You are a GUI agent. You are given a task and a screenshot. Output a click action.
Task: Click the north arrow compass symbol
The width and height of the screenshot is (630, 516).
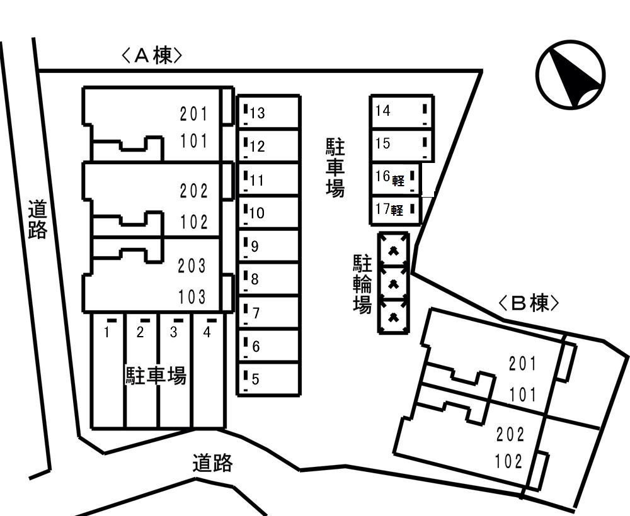pyautogui.click(x=571, y=74)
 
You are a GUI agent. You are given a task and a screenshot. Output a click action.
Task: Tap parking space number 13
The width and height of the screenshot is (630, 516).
pyautogui.click(x=268, y=113)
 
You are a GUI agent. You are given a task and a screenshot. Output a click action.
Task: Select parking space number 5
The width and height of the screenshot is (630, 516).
pyautogui.click(x=268, y=379)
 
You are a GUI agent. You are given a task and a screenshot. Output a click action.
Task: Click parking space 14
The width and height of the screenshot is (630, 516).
pyautogui.click(x=401, y=111)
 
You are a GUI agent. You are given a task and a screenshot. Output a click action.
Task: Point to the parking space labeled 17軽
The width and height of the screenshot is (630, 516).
pyautogui.click(x=395, y=210)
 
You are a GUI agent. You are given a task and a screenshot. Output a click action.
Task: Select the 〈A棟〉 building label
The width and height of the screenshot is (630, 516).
pyautogui.click(x=152, y=56)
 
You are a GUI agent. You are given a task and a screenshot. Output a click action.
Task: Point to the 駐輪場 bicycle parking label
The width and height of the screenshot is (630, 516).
pyautogui.click(x=362, y=284)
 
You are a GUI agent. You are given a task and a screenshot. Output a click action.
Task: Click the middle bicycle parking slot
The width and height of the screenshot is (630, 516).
pyautogui.click(x=394, y=284)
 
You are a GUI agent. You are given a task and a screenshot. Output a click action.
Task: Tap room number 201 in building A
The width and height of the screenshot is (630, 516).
pyautogui.click(x=193, y=114)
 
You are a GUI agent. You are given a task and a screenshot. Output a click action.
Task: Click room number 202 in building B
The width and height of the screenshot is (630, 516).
pyautogui.click(x=510, y=434)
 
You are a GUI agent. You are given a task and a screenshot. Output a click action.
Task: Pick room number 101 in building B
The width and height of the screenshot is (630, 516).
pyautogui.click(x=523, y=395)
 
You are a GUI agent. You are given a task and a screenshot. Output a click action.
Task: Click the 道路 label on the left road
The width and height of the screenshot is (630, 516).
pyautogui.click(x=38, y=220)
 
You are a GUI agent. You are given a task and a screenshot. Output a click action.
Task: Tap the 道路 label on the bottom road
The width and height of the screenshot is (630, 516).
pyautogui.click(x=212, y=464)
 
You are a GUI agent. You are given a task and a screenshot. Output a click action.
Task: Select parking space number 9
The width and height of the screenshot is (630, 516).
pyautogui.click(x=268, y=246)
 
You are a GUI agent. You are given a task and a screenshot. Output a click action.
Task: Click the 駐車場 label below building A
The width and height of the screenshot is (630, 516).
pyautogui.click(x=156, y=376)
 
